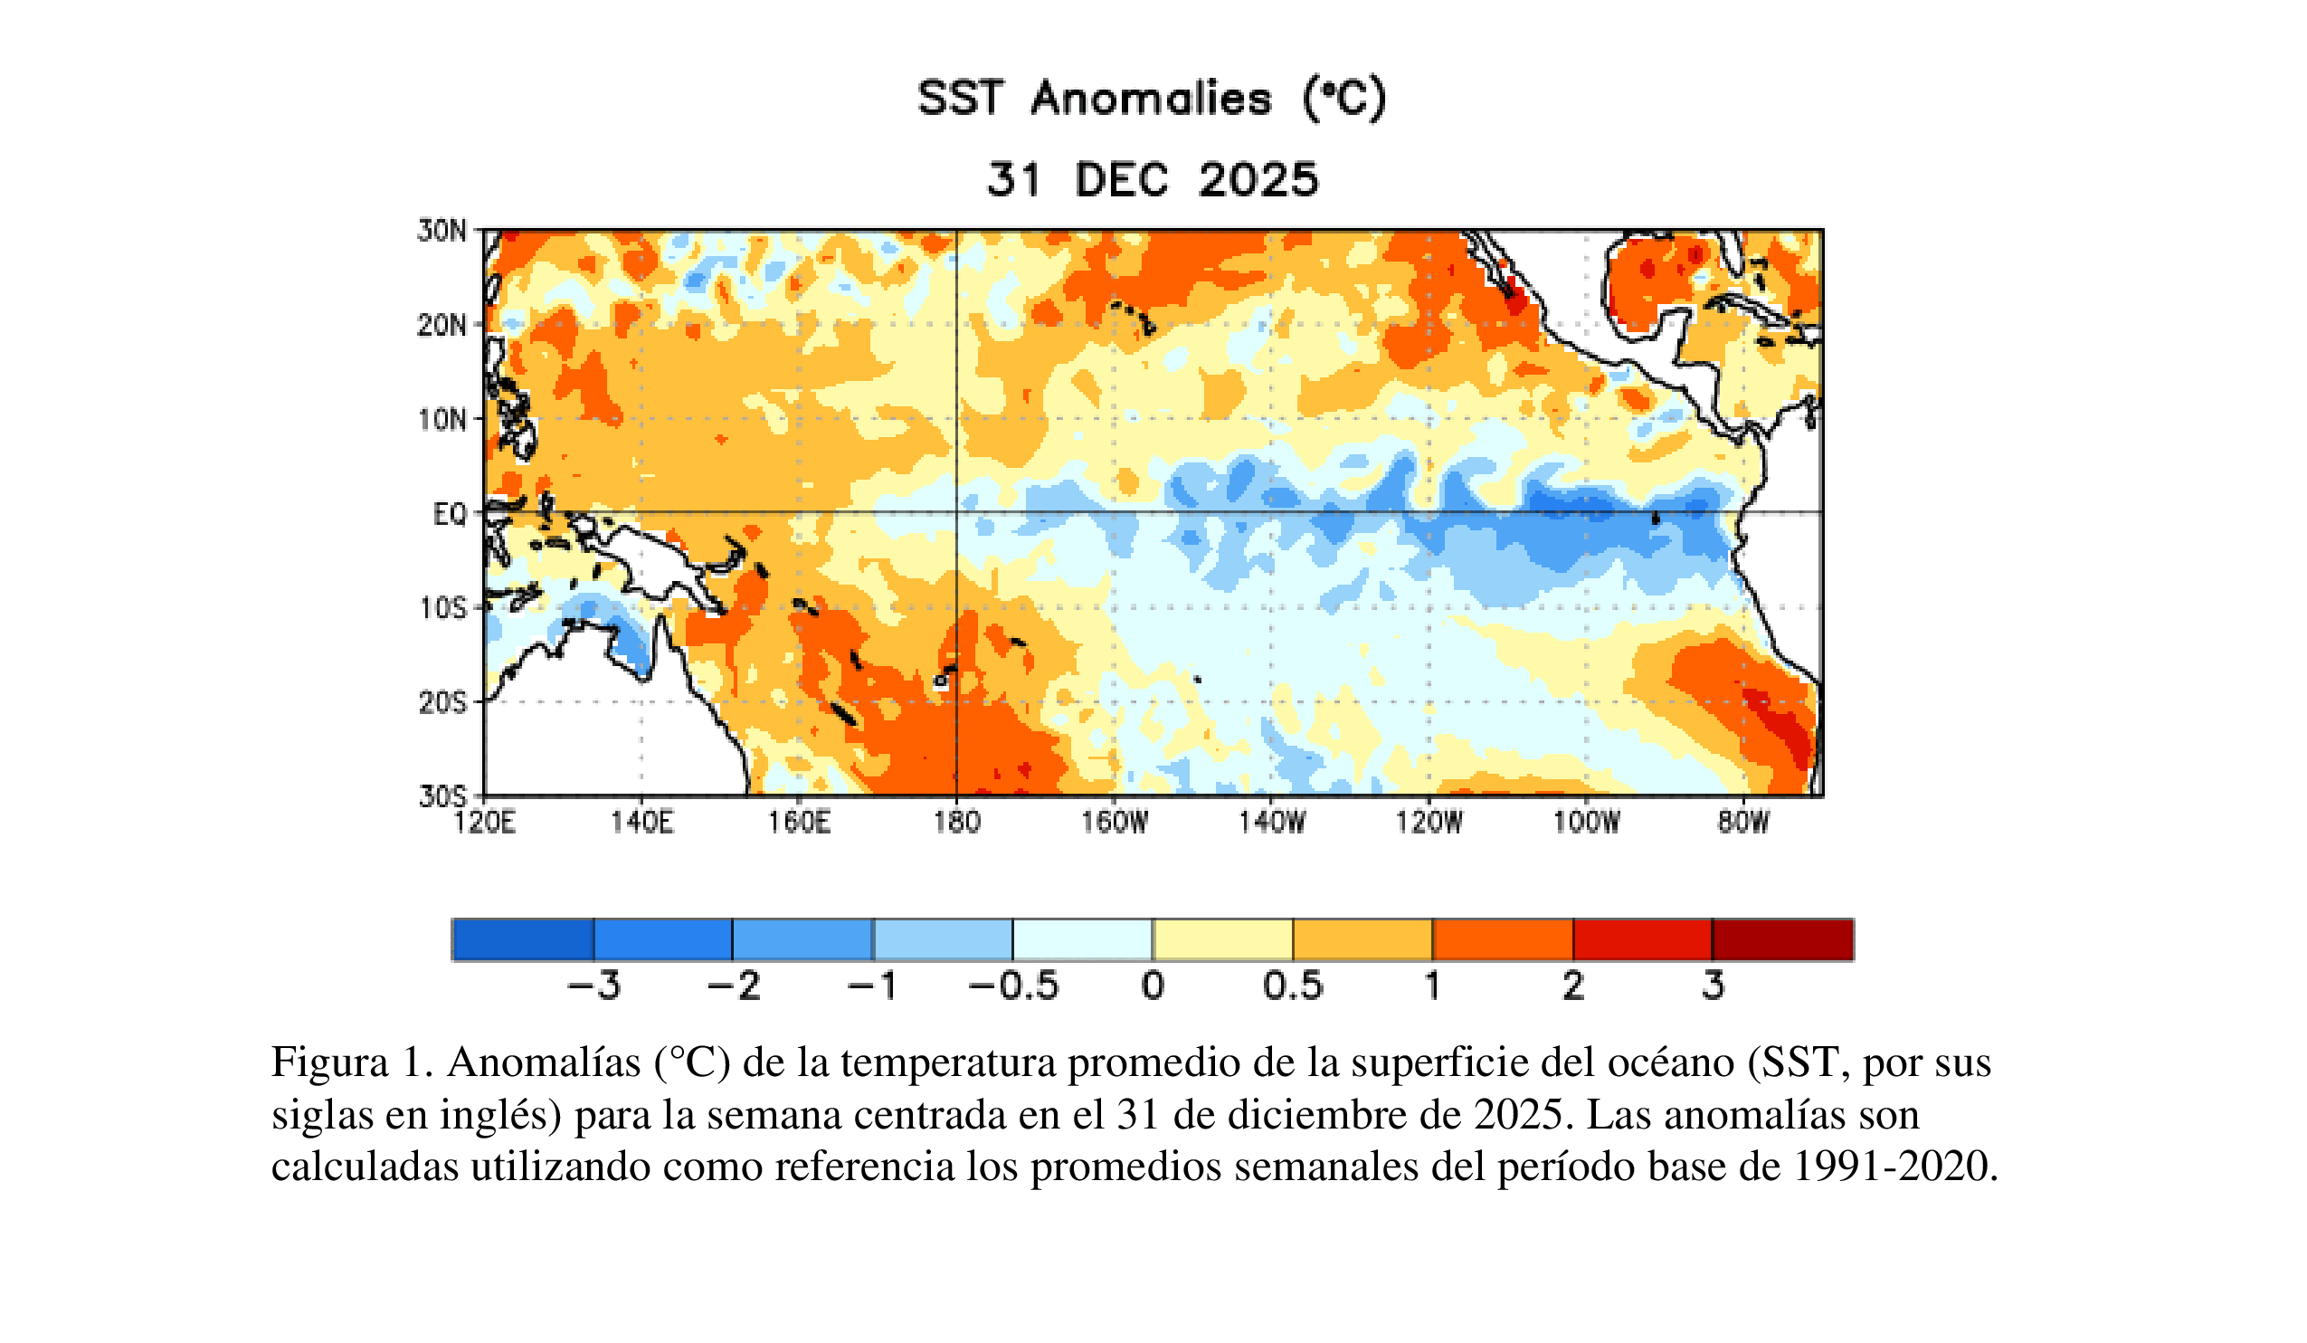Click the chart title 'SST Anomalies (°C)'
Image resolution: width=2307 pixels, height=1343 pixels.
1152,99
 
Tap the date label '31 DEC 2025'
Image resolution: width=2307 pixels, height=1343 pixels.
1152,179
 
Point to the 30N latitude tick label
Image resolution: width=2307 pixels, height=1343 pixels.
442,231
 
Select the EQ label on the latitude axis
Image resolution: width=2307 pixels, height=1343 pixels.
450,515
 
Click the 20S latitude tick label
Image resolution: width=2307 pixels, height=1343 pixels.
443,703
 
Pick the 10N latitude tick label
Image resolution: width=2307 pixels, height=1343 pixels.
442,420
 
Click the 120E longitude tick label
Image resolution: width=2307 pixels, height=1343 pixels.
484,822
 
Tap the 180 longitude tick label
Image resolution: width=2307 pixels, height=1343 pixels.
956,822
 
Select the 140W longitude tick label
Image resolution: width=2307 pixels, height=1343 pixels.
1272,822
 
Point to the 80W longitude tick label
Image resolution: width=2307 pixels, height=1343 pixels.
1743,822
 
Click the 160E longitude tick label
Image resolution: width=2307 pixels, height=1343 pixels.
799,822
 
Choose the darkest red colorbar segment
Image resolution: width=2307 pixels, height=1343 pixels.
1782,939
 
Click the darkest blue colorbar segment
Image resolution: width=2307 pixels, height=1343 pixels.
523,939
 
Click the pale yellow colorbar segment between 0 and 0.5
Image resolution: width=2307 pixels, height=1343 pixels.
1222,939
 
